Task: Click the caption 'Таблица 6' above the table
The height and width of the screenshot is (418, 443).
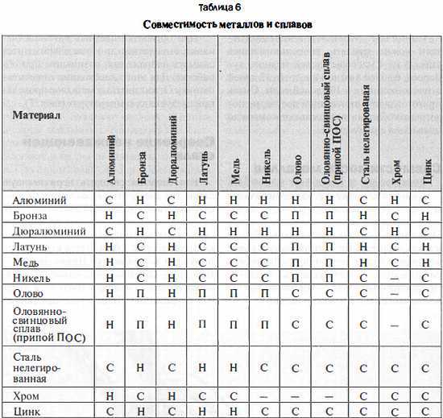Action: (x=221, y=7)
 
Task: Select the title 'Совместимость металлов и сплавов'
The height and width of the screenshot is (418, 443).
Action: (x=221, y=24)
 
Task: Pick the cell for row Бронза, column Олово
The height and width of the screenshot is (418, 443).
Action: (x=298, y=216)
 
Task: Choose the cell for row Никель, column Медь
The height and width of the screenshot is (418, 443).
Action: (x=234, y=278)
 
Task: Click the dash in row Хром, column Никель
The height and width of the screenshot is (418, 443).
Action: (x=266, y=396)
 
